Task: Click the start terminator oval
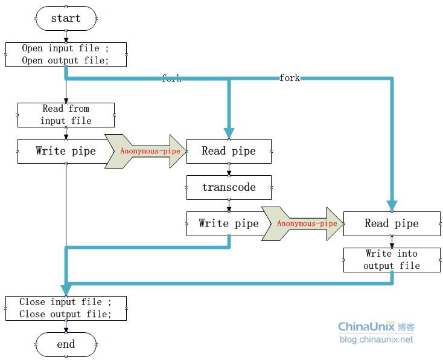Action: click(66, 18)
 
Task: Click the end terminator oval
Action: click(66, 344)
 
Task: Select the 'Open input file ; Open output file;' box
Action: click(66, 54)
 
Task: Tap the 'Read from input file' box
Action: click(66, 115)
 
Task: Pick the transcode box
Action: click(229, 187)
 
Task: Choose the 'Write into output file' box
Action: click(392, 260)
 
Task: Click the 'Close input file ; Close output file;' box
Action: click(66, 308)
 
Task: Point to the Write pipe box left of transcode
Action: click(66, 151)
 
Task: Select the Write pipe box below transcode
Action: click(229, 223)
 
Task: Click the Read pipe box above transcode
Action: click(229, 151)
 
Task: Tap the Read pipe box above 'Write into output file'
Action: click(392, 223)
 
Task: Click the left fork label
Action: click(171, 79)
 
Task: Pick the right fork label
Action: click(290, 78)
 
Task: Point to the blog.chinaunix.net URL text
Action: click(376, 339)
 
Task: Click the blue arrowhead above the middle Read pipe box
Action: click(229, 133)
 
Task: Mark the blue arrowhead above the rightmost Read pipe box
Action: click(392, 205)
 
